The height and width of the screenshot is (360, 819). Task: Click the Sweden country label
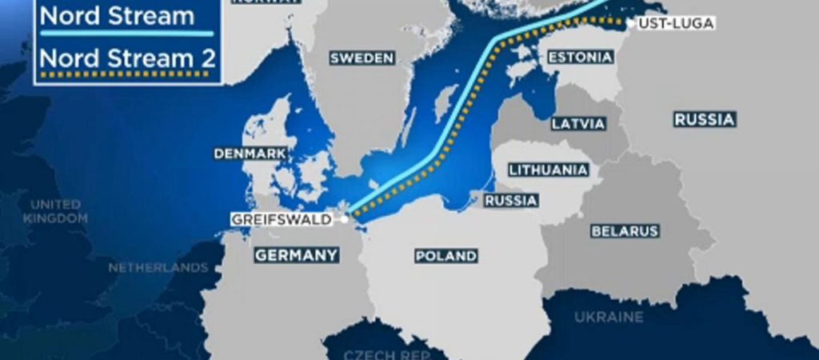pyautogui.click(x=362, y=58)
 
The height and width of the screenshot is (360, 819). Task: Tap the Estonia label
pyautogui.click(x=580, y=57)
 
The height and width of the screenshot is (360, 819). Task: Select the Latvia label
pyautogui.click(x=578, y=123)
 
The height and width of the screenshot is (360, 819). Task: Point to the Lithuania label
pyautogui.click(x=549, y=170)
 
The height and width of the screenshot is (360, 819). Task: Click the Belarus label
pyautogui.click(x=625, y=230)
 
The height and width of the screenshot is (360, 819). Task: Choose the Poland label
pyautogui.click(x=446, y=256)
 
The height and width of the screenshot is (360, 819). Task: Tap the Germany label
pyautogui.click(x=296, y=255)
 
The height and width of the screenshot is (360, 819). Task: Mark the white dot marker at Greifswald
pyautogui.click(x=345, y=218)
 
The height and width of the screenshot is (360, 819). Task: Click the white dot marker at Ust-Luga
pyautogui.click(x=631, y=24)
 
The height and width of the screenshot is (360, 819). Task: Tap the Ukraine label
pyautogui.click(x=609, y=317)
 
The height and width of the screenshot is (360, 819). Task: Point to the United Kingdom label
pyautogui.click(x=55, y=210)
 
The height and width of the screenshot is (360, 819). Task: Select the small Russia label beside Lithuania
pyautogui.click(x=511, y=200)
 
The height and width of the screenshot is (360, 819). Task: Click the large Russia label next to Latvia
pyautogui.click(x=704, y=119)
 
